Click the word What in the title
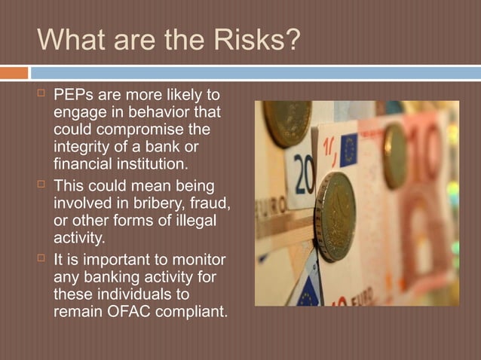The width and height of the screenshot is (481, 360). (69, 41)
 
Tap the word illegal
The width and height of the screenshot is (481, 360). (191, 219)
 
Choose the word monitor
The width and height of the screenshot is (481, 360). (198, 260)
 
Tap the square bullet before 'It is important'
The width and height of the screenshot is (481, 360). (41, 260)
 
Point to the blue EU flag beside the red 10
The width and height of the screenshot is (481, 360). (348, 150)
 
